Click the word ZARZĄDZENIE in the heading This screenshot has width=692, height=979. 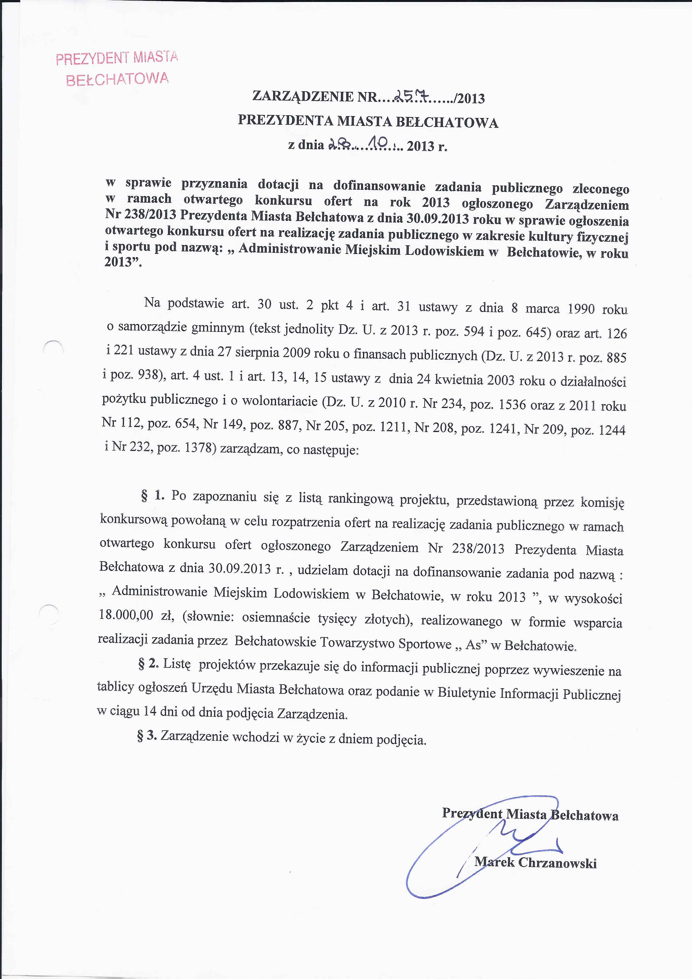303,96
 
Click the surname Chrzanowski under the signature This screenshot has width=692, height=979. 557,863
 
